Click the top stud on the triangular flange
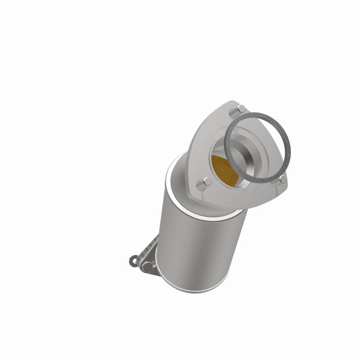(x=241, y=108)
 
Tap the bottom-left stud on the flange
(x=207, y=182)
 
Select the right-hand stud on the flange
(x=282, y=179)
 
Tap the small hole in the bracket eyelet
(x=134, y=260)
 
